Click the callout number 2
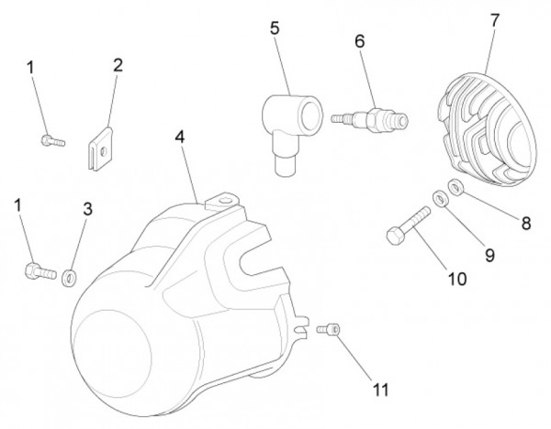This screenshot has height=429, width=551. (118, 65)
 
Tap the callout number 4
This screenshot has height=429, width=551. (180, 137)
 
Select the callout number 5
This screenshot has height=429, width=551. (274, 28)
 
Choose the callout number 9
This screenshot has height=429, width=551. (489, 256)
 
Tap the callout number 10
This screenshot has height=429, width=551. (456, 277)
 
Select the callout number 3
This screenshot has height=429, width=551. (87, 208)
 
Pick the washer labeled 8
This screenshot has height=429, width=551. (455, 188)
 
